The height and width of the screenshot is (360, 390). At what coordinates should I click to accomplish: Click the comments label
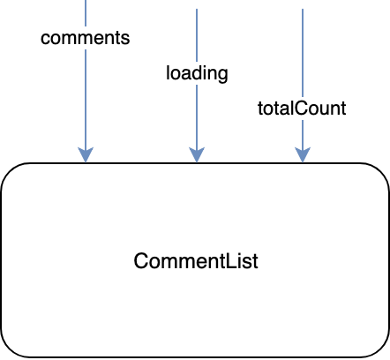pyautogui.click(x=86, y=38)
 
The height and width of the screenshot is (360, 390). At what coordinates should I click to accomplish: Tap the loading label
pyautogui.click(x=197, y=73)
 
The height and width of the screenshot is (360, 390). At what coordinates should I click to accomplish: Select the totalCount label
pyautogui.click(x=302, y=109)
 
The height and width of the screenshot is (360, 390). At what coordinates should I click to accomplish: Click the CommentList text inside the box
pyautogui.click(x=196, y=261)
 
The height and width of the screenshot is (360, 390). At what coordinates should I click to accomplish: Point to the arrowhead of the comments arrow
pyautogui.click(x=86, y=154)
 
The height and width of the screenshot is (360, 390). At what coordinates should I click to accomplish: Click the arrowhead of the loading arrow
pyautogui.click(x=197, y=154)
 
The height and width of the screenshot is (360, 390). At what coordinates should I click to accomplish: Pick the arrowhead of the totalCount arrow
pyautogui.click(x=303, y=154)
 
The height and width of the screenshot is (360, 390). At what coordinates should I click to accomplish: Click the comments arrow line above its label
pyautogui.click(x=86, y=13)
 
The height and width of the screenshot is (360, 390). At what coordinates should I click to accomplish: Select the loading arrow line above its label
pyautogui.click(x=197, y=35)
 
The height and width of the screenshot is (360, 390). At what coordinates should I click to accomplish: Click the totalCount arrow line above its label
pyautogui.click(x=303, y=53)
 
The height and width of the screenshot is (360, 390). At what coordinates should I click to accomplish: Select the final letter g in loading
pyautogui.click(x=222, y=76)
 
